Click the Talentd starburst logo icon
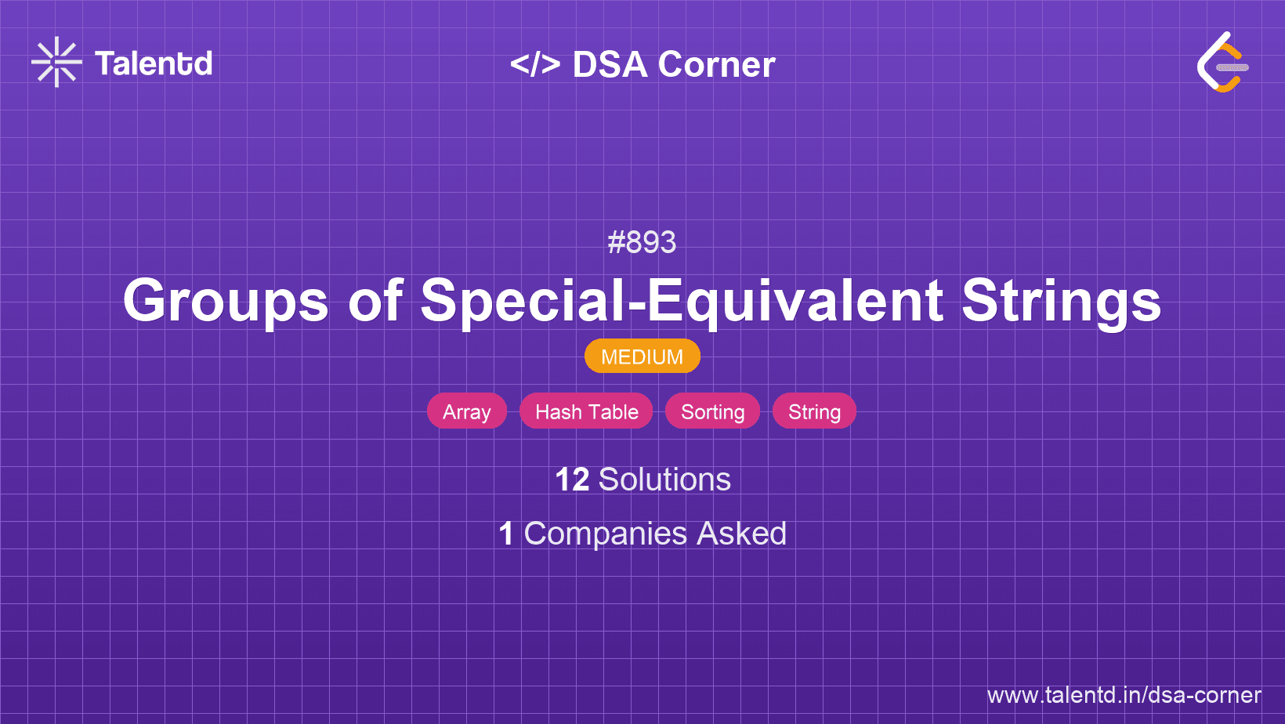56,62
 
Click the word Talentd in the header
154,63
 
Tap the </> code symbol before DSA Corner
535,64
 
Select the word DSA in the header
610,65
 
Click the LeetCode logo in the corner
1222,63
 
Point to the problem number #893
642,242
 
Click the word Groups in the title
226,302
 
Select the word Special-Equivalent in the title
681,302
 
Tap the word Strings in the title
1061,302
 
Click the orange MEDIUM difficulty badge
642,357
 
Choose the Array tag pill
467,411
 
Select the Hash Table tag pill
586,411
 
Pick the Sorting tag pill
712,411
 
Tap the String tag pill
814,411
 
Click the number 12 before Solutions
572,480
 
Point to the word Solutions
664,480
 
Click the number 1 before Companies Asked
506,534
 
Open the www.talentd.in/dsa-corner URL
1124,695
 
